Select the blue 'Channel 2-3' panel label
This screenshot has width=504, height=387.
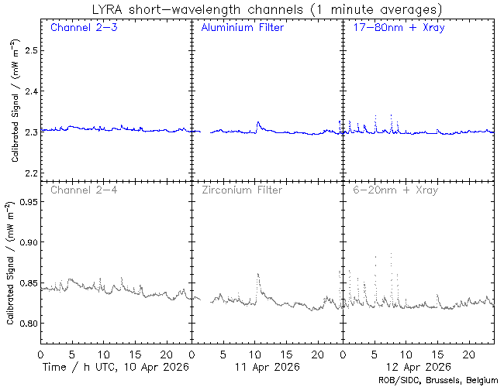point(83,28)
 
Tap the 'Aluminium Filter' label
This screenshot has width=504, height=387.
point(242,28)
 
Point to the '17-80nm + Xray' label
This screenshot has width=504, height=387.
point(395,28)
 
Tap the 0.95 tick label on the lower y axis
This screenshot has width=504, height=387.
point(26,202)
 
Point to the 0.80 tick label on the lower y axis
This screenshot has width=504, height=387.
point(26,323)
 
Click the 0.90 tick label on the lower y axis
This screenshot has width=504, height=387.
point(26,242)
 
